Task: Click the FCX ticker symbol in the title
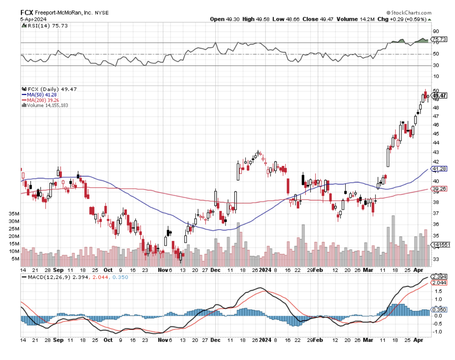point(27,12)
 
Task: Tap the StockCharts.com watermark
point(409,13)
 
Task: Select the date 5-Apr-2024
point(34,19)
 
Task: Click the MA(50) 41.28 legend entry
point(40,94)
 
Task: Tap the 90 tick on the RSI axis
point(435,31)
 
